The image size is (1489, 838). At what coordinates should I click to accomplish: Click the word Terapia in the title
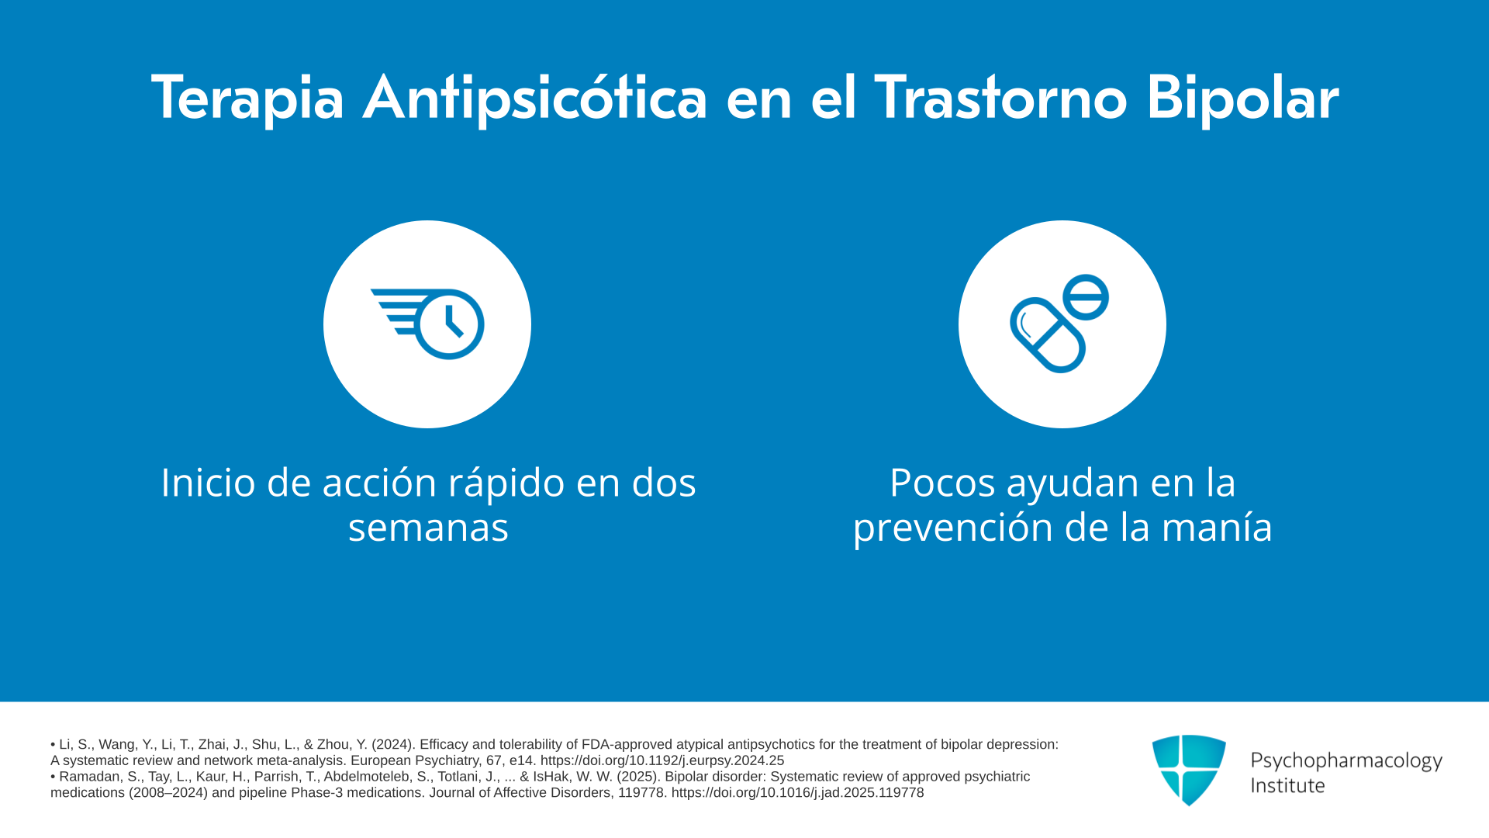(247, 99)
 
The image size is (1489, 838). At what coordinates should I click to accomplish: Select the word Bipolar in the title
(1242, 99)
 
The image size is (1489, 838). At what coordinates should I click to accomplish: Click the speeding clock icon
(427, 324)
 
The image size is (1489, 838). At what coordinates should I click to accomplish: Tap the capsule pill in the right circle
(1048, 335)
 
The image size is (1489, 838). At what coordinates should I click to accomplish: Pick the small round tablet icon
(1086, 297)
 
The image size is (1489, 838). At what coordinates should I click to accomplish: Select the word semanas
(428, 528)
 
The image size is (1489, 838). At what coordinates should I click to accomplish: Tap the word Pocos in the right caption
(942, 483)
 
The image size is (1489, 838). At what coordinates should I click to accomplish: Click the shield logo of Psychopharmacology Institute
(1189, 770)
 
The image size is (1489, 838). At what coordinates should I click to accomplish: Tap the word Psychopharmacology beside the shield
(1346, 761)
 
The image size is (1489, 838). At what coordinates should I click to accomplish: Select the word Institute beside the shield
(1287, 786)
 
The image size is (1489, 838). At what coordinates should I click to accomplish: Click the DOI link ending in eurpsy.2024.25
(662, 760)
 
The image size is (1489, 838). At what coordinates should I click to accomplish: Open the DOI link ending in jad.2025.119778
(797, 793)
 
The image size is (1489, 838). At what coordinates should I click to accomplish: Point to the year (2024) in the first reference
(392, 744)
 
